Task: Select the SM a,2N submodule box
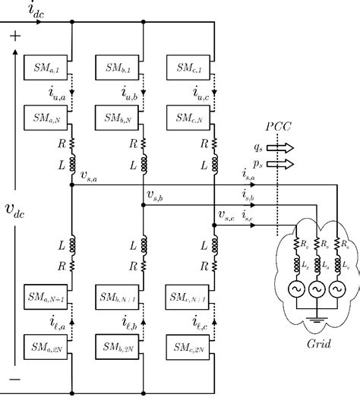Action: (47, 348)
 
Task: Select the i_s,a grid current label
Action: (248, 177)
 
